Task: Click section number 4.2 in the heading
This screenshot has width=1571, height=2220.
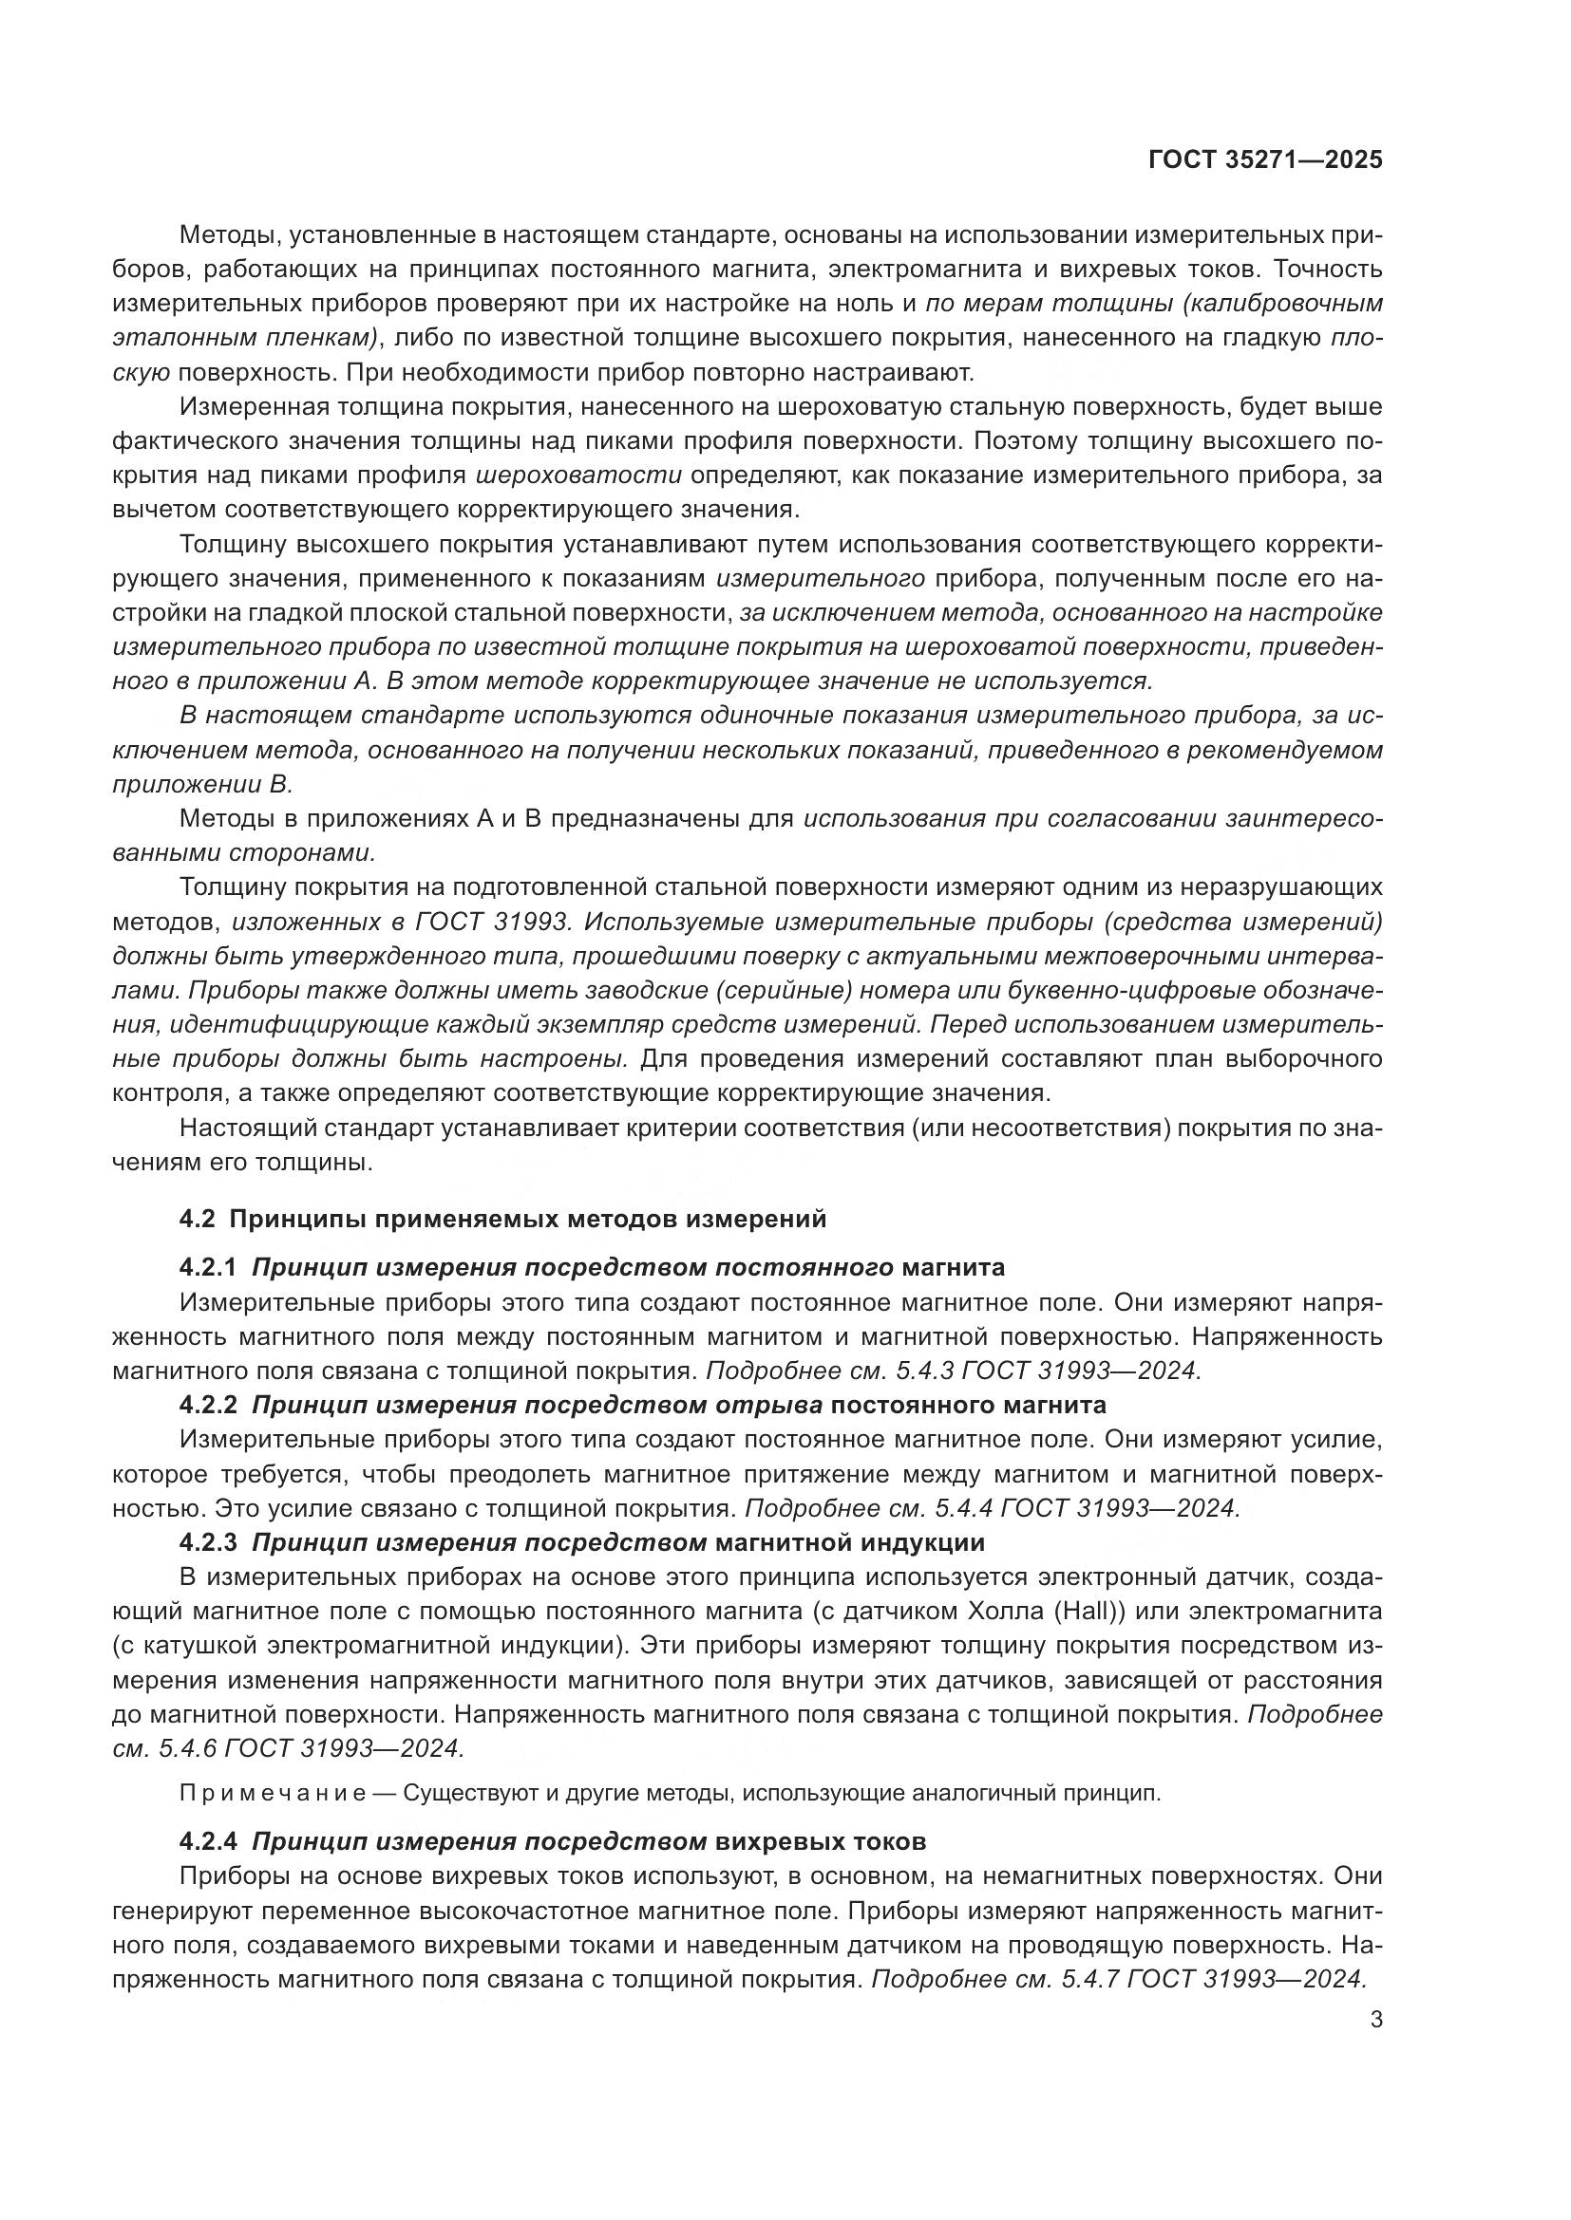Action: coord(197,1220)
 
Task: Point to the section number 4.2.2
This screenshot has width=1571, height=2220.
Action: coord(208,1405)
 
